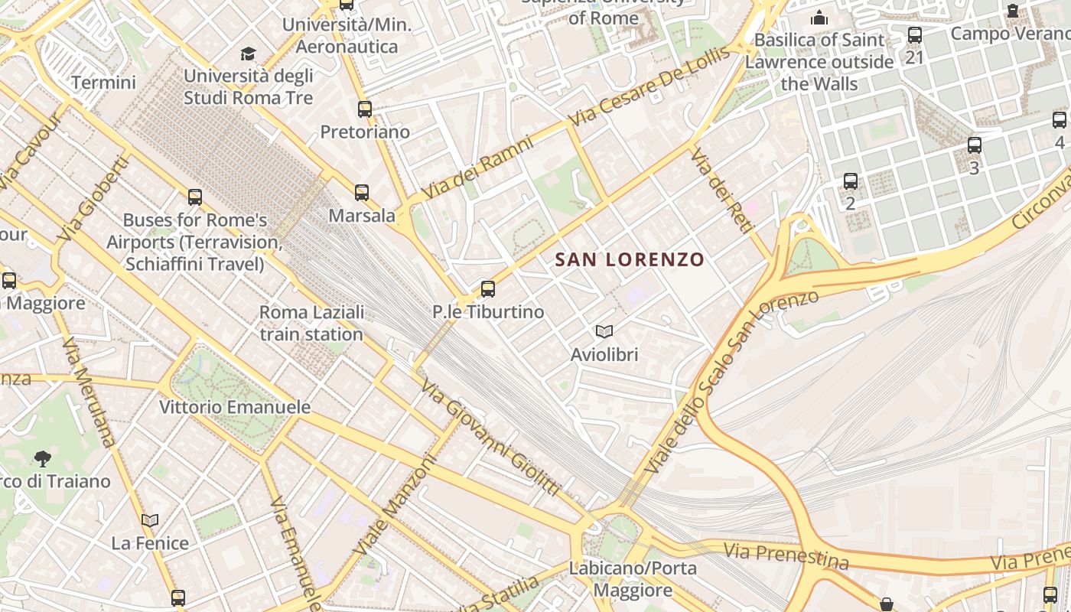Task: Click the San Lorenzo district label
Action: coord(629,259)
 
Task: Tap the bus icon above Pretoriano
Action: coord(365,109)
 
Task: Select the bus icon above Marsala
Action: coord(362,193)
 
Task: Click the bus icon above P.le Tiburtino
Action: coord(488,289)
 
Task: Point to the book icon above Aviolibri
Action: coord(604,332)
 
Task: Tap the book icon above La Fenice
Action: coord(150,521)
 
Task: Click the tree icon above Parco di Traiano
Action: coord(43,459)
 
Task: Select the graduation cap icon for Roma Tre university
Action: coord(248,54)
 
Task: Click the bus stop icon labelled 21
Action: coord(914,35)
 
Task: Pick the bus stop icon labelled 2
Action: coord(851,182)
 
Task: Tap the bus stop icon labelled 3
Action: coord(975,145)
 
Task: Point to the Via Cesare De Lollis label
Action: coord(649,86)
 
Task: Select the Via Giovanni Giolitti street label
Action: coord(490,438)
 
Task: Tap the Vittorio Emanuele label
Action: coord(235,407)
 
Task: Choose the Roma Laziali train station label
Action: coord(311,323)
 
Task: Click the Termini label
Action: coord(103,83)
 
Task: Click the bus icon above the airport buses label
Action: coord(195,197)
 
